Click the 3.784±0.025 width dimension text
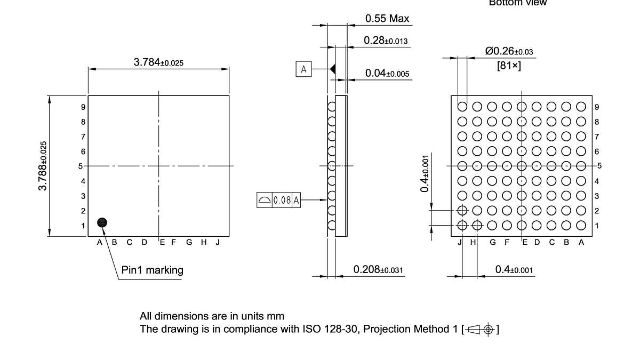click(158, 62)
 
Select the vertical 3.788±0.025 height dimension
click(43, 166)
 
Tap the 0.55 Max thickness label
click(387, 19)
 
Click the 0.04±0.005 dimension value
click(387, 74)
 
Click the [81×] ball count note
click(509, 66)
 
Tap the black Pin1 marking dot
click(102, 222)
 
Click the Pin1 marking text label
click(152, 270)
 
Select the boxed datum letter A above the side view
click(303, 69)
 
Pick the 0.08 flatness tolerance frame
click(279, 201)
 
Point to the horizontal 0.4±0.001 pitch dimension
click(514, 270)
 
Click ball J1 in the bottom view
click(462, 225)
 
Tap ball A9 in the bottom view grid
click(581, 107)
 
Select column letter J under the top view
click(218, 242)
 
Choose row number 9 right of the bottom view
click(597, 107)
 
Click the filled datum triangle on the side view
click(332, 69)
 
